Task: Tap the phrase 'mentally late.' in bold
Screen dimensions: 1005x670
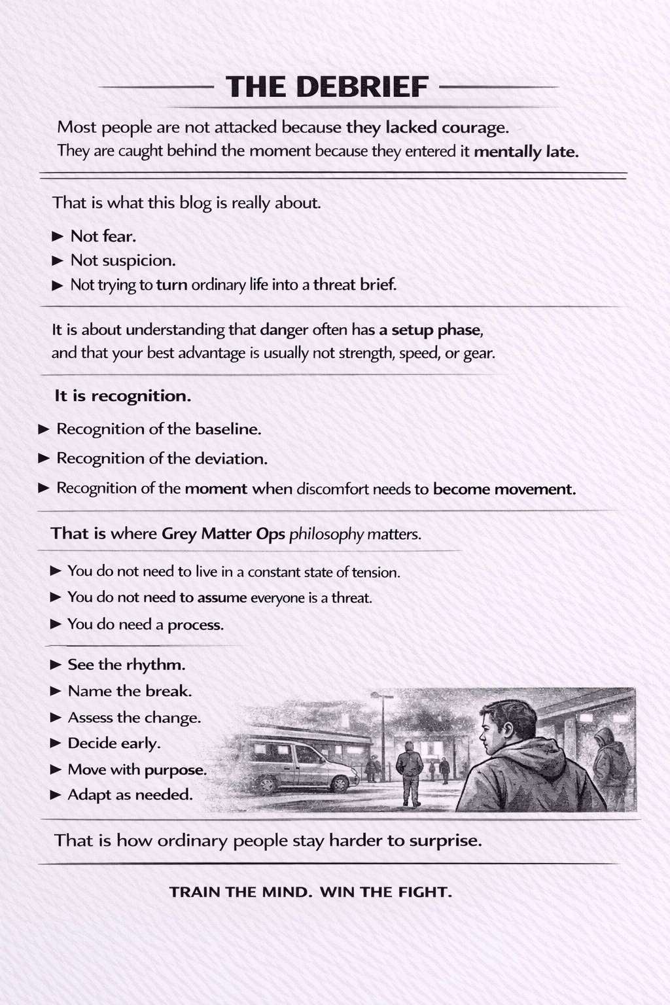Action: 526,152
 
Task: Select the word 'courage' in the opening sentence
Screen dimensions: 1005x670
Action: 474,127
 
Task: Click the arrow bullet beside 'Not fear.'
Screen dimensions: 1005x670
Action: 58,236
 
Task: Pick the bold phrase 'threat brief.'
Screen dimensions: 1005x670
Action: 355,285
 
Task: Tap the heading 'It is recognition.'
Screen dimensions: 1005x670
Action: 122,396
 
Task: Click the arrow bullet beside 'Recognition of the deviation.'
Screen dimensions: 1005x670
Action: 44,459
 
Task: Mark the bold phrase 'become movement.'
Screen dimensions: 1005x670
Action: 504,489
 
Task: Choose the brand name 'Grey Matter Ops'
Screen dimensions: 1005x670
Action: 223,534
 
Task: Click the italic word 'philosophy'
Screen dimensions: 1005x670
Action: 326,535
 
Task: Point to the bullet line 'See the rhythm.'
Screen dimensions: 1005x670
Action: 126,665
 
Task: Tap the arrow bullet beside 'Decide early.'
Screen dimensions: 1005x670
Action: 56,743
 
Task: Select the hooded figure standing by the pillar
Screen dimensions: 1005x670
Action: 610,762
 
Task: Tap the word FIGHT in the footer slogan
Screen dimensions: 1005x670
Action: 424,892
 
